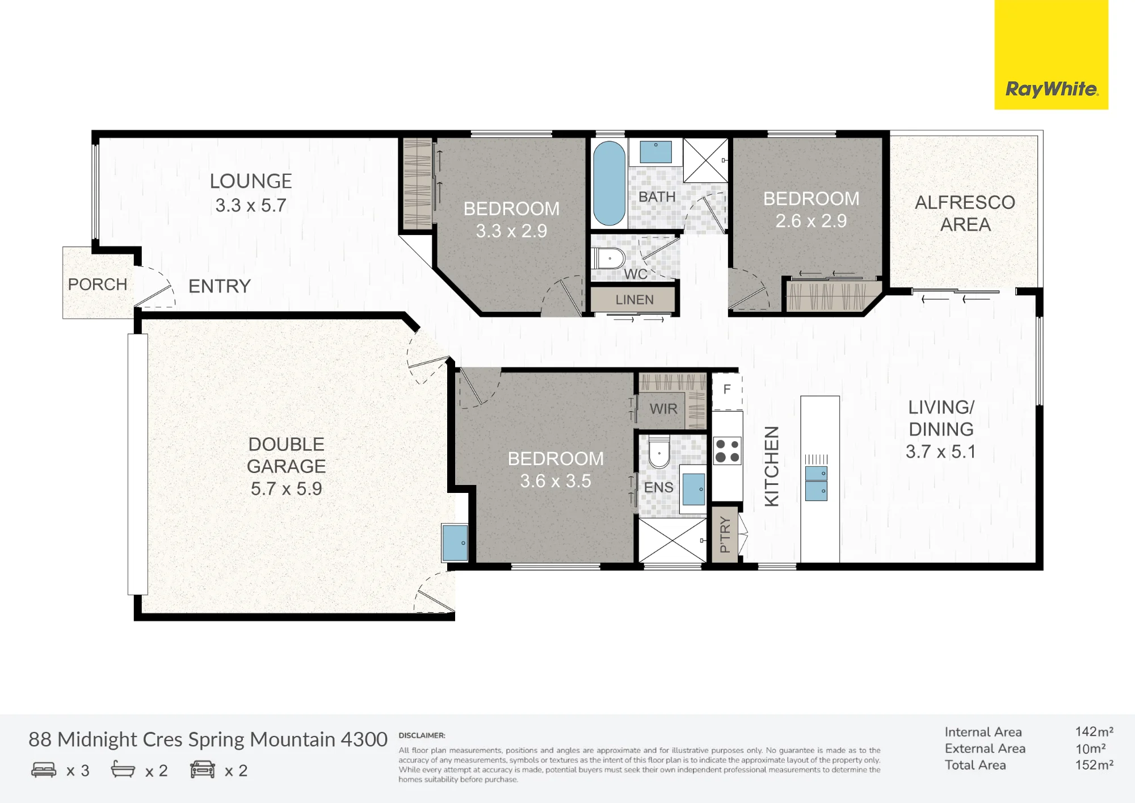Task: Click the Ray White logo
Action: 1052,89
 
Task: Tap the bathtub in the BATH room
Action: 609,183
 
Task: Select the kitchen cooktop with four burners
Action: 727,451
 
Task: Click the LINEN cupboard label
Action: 634,300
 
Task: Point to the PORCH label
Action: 98,284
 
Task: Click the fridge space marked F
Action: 727,391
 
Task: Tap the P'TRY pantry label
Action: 725,534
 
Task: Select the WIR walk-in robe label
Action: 663,409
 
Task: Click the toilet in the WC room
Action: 608,258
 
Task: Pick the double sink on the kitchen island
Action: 816,483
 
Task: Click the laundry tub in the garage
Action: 455,543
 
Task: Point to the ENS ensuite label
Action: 658,487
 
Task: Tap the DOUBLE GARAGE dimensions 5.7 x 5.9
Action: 287,488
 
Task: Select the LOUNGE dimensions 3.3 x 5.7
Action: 251,205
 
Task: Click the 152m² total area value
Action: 1094,765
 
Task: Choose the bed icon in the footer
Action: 44,770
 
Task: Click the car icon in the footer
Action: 203,770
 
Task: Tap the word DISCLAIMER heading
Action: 422,735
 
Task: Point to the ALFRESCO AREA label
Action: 965,213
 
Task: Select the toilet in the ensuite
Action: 659,452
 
